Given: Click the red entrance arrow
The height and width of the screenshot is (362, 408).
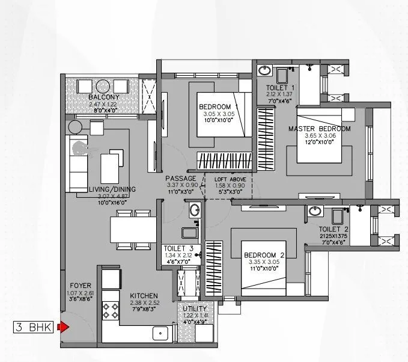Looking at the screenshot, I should (62, 328).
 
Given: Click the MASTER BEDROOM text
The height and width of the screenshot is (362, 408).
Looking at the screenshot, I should (318, 129).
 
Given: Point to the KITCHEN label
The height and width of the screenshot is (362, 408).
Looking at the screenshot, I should (144, 296).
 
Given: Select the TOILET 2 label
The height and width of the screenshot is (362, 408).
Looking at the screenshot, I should (334, 230).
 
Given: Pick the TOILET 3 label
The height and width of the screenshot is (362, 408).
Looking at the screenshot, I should (178, 248).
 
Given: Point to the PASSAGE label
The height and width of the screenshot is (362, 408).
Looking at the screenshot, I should (181, 179).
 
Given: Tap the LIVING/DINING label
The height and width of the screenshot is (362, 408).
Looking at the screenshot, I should (112, 190).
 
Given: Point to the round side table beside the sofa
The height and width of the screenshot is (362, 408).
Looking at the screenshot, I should (76, 127).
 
